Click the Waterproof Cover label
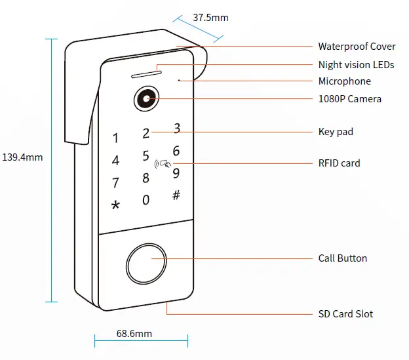[x=357, y=47]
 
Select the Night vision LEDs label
[x=356, y=65]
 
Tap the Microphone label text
[x=344, y=81]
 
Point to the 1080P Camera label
[x=349, y=99]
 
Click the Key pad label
[x=336, y=132]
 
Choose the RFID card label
[x=339, y=163]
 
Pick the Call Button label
[x=342, y=258]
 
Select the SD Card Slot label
[x=345, y=314]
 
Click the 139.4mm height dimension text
[x=23, y=157]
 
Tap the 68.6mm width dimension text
[x=134, y=334]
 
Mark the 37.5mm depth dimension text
[x=210, y=18]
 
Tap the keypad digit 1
[x=116, y=138]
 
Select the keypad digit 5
[x=146, y=156]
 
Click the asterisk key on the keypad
[x=116, y=205]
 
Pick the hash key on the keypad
[x=176, y=195]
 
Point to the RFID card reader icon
[x=163, y=164]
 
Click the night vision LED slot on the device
[x=147, y=71]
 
